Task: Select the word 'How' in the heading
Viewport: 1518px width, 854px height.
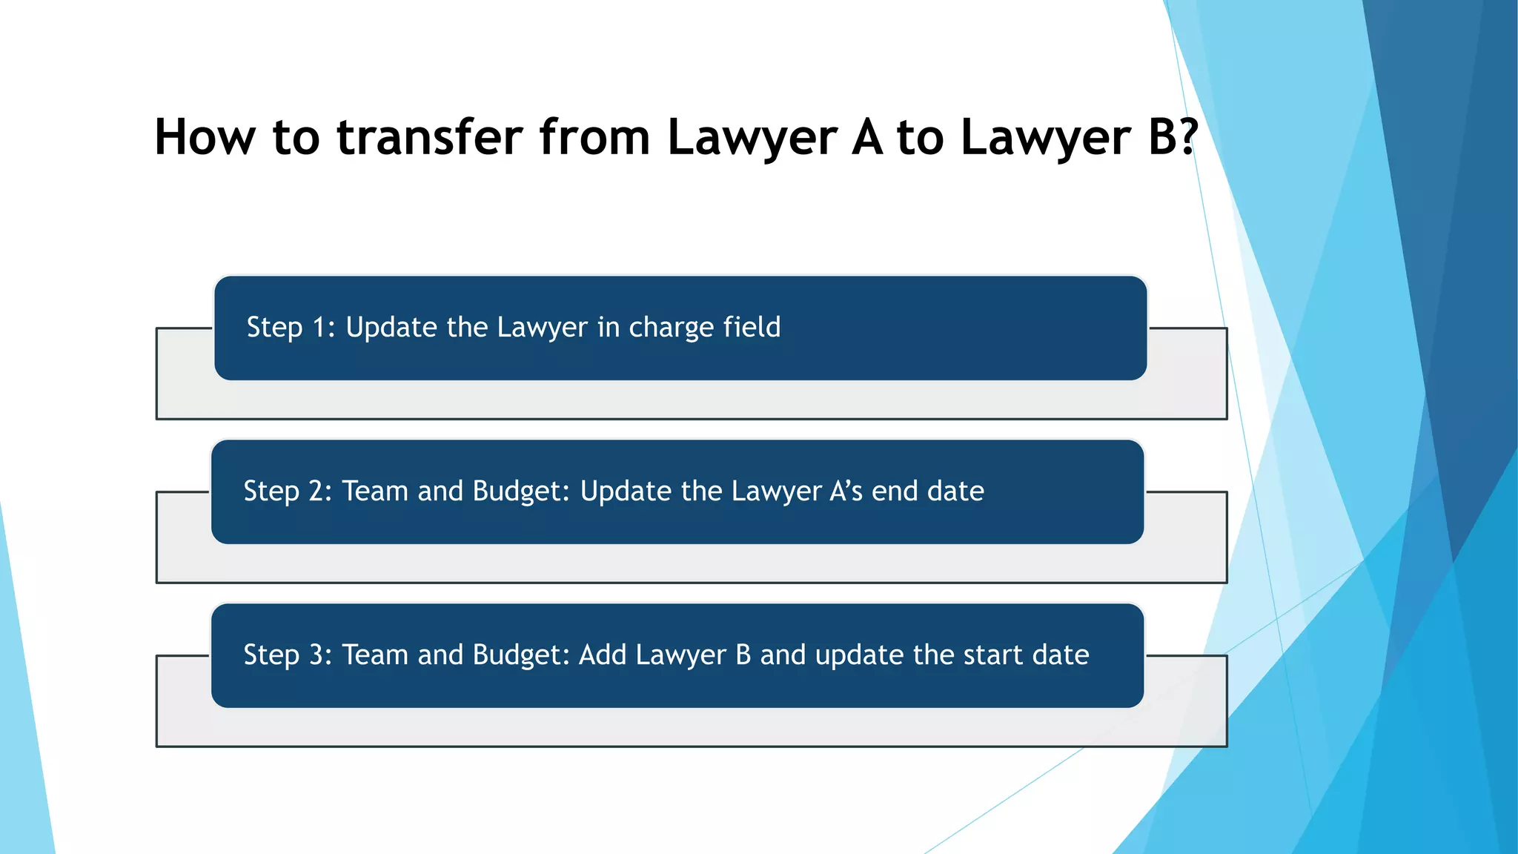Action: pos(205,137)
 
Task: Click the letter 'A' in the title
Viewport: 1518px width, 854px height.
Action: pos(867,137)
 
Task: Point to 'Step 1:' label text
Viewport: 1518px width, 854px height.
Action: pos(291,328)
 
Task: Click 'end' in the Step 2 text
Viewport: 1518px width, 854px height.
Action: pos(895,491)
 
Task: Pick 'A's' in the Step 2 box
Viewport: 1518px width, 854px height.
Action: pos(846,491)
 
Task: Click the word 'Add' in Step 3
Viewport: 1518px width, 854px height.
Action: pos(603,655)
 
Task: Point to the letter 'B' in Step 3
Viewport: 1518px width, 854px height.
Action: pos(743,655)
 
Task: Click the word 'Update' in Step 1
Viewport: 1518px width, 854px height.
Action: pos(391,328)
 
